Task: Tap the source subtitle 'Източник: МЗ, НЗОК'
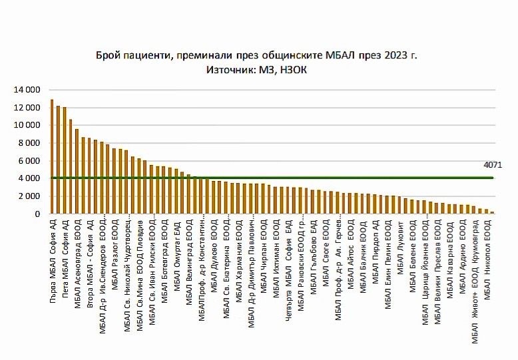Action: (x=258, y=69)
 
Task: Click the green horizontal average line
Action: (x=266, y=178)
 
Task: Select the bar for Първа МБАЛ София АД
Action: (x=52, y=157)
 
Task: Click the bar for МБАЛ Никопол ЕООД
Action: (x=492, y=213)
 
